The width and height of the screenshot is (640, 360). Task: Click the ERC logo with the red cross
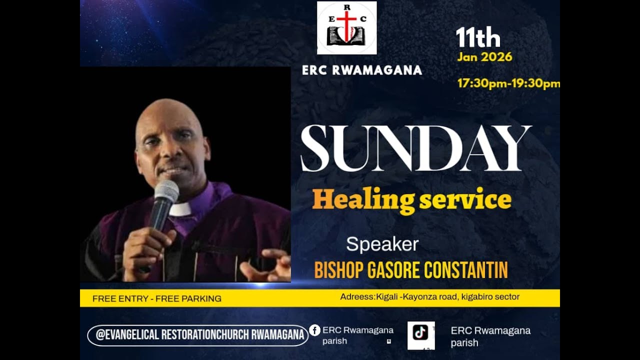pyautogui.click(x=346, y=28)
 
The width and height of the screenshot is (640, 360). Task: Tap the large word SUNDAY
pyautogui.click(x=415, y=148)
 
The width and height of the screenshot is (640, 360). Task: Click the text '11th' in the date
pyautogui.click(x=477, y=38)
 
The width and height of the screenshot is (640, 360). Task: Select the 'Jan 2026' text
pyautogui.click(x=484, y=57)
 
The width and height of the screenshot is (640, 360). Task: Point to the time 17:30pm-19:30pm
pyautogui.click(x=508, y=83)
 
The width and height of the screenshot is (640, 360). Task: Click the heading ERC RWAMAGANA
pyautogui.click(x=362, y=70)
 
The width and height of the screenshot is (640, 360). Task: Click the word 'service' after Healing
pyautogui.click(x=465, y=199)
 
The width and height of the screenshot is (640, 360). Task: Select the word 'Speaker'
pyautogui.click(x=382, y=244)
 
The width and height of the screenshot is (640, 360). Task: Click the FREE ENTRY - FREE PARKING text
pyautogui.click(x=157, y=298)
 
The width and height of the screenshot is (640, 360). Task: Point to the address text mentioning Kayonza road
pyautogui.click(x=429, y=297)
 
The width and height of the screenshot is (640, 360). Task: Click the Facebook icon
pyautogui.click(x=314, y=330)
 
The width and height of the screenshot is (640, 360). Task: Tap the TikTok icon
pyautogui.click(x=420, y=333)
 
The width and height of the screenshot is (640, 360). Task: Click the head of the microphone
pyautogui.click(x=166, y=192)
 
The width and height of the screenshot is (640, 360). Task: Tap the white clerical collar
pyautogui.click(x=179, y=209)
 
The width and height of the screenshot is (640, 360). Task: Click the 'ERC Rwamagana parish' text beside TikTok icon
pyautogui.click(x=490, y=336)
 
